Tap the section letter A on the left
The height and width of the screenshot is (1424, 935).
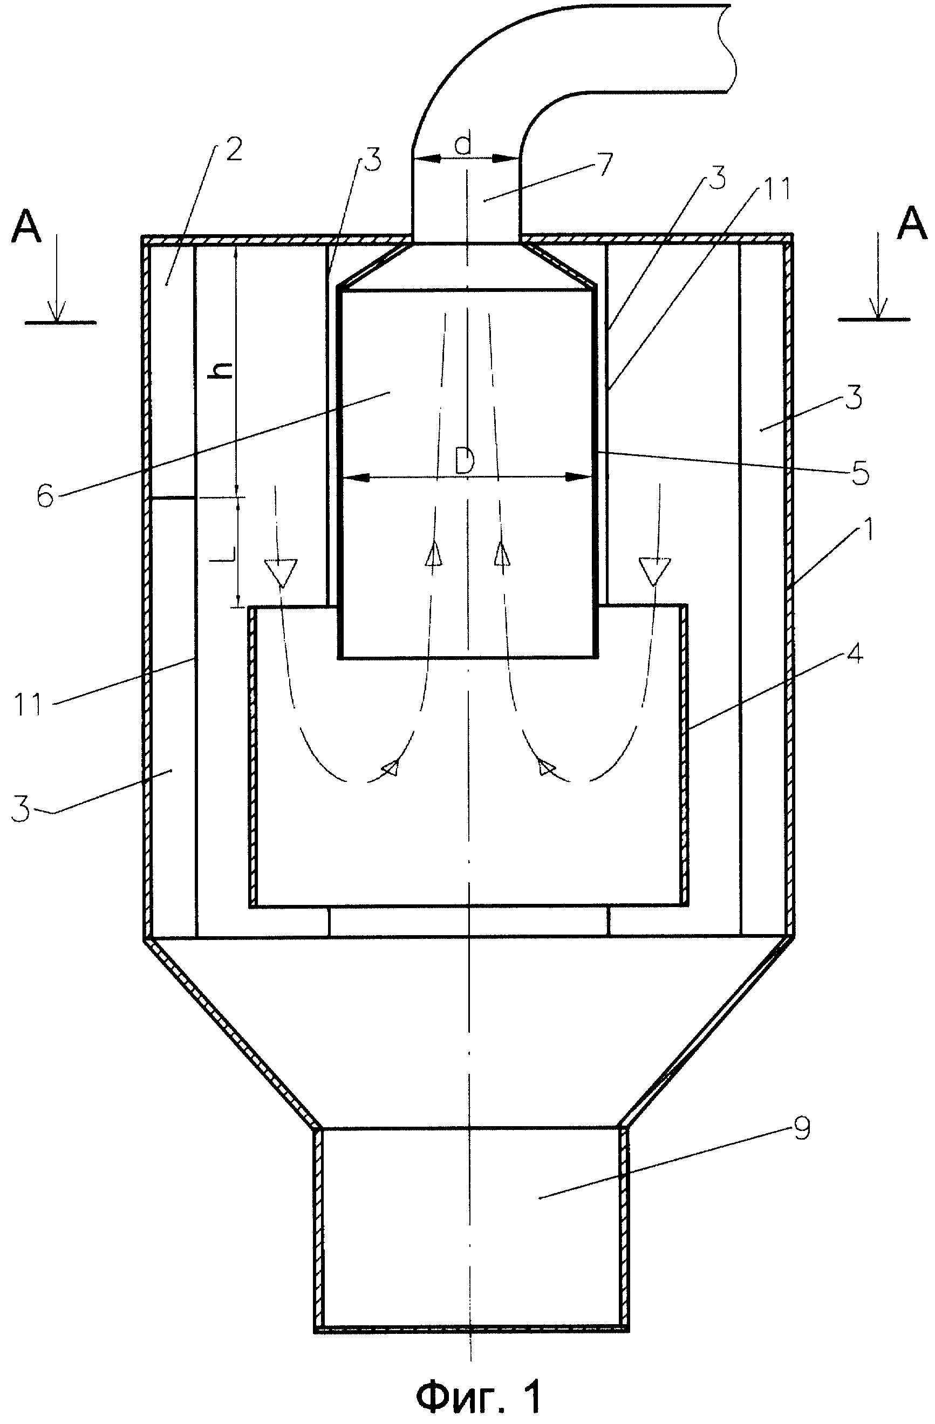26,226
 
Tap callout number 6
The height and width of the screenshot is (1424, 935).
45,496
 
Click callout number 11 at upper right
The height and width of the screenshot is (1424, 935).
775,188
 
